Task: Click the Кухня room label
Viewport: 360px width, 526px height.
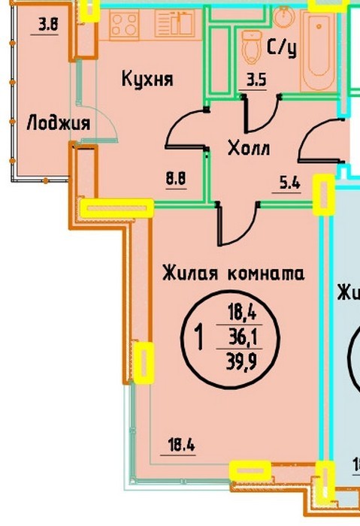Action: (x=147, y=80)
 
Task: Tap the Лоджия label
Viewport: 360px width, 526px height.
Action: (x=59, y=122)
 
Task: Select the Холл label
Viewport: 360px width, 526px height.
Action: (x=249, y=148)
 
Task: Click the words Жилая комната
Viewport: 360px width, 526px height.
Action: (x=234, y=273)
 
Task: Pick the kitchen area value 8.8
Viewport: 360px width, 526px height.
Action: (x=176, y=179)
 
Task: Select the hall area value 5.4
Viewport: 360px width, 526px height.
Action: (x=291, y=183)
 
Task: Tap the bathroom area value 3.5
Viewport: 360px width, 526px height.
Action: (x=257, y=80)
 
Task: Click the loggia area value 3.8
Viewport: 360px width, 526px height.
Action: (x=48, y=25)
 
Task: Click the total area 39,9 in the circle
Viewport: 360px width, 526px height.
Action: (x=241, y=362)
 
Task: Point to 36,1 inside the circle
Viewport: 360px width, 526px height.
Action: (x=243, y=337)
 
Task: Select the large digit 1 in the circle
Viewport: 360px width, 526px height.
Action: (x=199, y=338)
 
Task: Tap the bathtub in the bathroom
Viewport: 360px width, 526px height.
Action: (x=319, y=50)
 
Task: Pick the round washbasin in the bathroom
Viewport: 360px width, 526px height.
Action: (x=284, y=16)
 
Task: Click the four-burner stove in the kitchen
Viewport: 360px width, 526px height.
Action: (x=124, y=25)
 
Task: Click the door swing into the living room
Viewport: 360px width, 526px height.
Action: (x=239, y=223)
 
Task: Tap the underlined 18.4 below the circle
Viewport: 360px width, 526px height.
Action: (x=182, y=446)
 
